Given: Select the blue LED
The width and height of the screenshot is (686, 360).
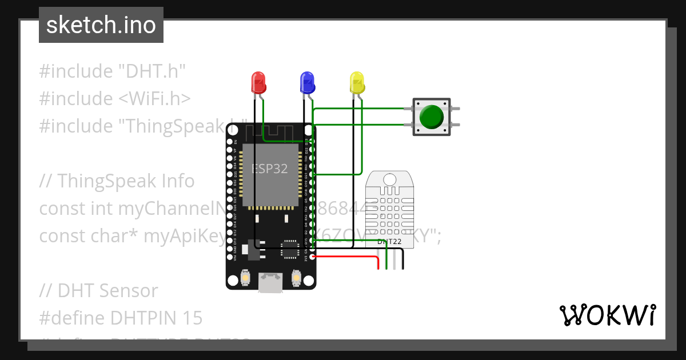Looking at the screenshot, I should [308, 82].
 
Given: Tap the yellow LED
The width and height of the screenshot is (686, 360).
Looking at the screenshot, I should [357, 82].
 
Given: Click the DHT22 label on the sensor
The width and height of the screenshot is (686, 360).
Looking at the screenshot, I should [389, 242].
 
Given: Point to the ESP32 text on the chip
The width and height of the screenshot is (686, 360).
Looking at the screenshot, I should [270, 169].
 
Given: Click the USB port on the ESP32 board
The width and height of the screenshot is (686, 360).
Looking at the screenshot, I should [270, 282].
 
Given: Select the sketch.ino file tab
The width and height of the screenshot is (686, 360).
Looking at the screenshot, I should [101, 25].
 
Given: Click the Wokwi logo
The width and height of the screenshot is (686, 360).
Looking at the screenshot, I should [607, 315].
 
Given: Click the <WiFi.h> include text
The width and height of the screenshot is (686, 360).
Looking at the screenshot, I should [155, 99].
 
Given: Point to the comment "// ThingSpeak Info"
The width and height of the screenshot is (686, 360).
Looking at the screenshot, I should [117, 181].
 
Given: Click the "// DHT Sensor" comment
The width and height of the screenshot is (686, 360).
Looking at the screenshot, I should [98, 290].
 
